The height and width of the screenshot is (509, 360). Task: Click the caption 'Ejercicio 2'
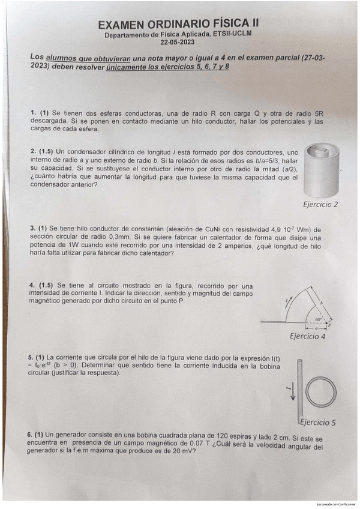320,204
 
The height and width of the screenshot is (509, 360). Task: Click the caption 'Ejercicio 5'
317,422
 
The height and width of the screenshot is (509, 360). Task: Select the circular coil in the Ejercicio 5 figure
321,393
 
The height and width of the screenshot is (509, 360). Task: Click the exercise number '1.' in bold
33,113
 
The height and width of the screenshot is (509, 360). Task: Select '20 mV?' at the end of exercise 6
197,457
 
